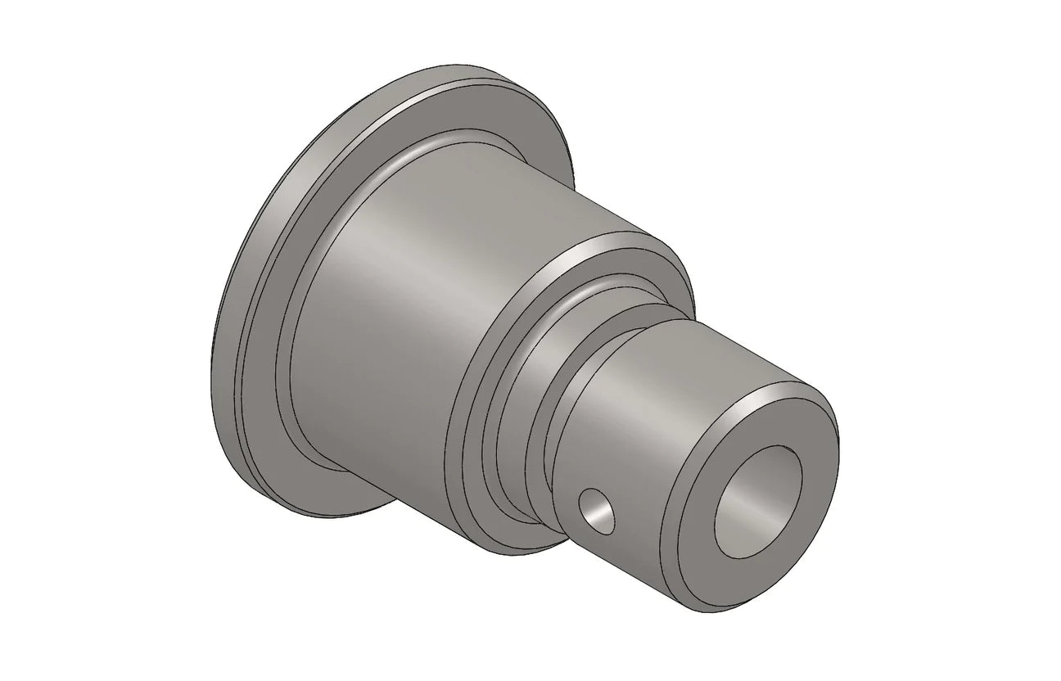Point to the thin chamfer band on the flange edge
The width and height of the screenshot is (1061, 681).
(x=245, y=270)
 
